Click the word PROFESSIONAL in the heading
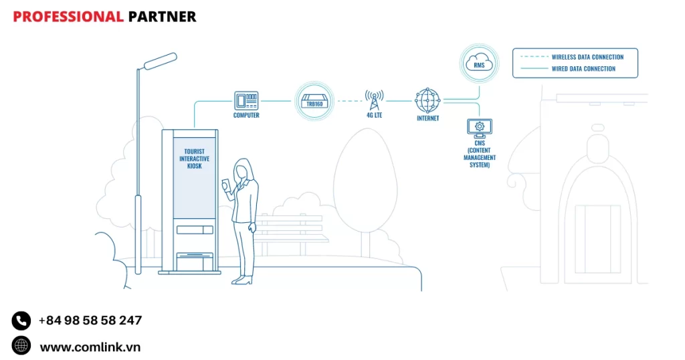[x=68, y=17]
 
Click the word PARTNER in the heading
[x=162, y=17]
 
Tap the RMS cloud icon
[x=479, y=64]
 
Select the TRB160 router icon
[x=314, y=101]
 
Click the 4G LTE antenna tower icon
[x=373, y=100]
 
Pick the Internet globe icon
[x=427, y=100]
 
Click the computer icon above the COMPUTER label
[x=246, y=100]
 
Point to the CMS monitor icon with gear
[x=479, y=126]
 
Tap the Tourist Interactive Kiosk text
[x=195, y=159]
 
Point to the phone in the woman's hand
[x=226, y=184]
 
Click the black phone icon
[x=21, y=321]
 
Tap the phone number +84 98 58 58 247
[x=90, y=321]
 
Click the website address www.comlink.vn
[x=90, y=347]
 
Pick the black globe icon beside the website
[x=21, y=345]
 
